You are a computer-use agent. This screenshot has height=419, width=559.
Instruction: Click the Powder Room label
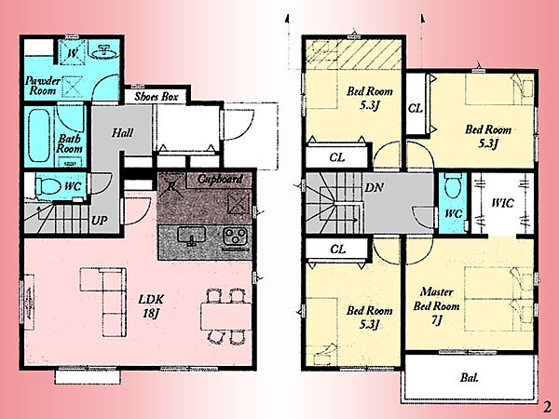[x=43, y=86]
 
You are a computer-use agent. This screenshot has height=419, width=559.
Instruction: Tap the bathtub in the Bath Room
[x=39, y=135]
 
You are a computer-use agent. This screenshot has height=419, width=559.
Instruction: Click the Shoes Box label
[x=157, y=97]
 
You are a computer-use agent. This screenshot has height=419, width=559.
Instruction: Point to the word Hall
[x=122, y=133]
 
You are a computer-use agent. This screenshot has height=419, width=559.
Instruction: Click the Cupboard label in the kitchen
[x=220, y=179]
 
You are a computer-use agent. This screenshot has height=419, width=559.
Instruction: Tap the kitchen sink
[x=191, y=237]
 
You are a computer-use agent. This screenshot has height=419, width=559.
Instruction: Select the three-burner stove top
[x=236, y=237]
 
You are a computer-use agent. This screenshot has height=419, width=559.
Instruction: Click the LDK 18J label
[x=151, y=305]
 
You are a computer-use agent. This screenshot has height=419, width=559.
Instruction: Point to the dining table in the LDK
[x=225, y=317]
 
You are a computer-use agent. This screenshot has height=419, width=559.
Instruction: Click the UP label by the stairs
[x=99, y=221]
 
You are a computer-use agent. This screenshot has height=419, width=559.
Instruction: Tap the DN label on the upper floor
[x=374, y=188]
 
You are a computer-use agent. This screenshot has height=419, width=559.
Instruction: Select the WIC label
[x=503, y=203]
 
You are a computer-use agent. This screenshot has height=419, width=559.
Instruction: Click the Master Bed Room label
[x=436, y=306]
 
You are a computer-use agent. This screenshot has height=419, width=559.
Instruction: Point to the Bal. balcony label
[x=470, y=378]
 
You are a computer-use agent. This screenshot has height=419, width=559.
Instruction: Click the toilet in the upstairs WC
[x=454, y=185]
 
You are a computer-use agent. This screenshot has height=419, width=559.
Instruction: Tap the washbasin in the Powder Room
[x=104, y=52]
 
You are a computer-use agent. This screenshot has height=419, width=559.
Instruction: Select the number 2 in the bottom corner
[x=547, y=407]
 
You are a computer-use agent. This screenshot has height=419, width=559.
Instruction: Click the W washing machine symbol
[x=73, y=53]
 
